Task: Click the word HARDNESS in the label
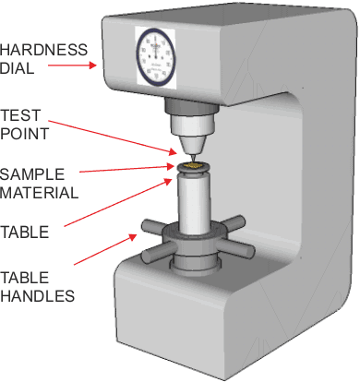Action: [x=43, y=50]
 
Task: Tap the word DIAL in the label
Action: [x=17, y=68]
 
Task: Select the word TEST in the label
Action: [x=20, y=115]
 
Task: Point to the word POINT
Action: [x=24, y=134]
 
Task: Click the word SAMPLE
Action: [x=32, y=174]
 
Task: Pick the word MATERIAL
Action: [x=40, y=193]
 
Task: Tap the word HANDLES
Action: [x=38, y=296]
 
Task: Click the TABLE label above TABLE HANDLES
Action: [x=25, y=232]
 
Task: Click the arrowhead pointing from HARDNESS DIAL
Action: [x=92, y=66]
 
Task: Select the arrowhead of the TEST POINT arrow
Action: [x=174, y=151]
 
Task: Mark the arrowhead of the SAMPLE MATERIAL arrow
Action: [x=171, y=166]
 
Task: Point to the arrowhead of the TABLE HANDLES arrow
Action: [x=133, y=237]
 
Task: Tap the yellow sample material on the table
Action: [x=193, y=166]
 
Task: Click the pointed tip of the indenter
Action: [x=193, y=160]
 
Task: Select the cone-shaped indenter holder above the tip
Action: [x=192, y=145]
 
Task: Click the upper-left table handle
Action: [x=153, y=227]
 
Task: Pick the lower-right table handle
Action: [x=235, y=248]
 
